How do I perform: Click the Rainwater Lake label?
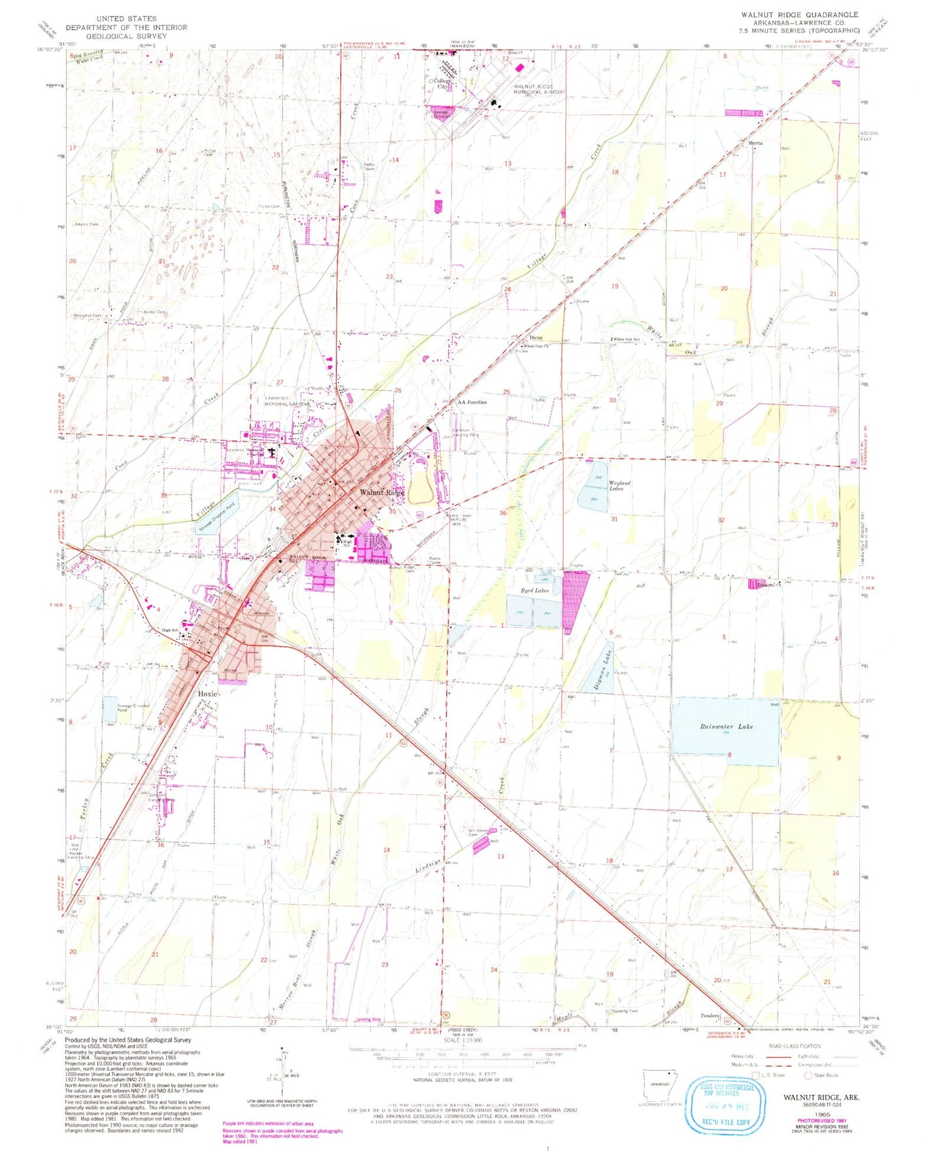[726, 727]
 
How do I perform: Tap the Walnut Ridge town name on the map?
[382, 492]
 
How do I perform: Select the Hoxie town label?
[207, 694]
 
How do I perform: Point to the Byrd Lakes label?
[534, 591]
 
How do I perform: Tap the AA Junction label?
[472, 402]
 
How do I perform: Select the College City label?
[443, 84]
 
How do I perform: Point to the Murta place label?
[755, 143]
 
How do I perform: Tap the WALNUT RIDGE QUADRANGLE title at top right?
[799, 14]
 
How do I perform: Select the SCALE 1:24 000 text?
[462, 1040]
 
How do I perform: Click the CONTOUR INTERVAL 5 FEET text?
[462, 1074]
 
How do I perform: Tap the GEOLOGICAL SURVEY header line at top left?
[126, 36]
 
